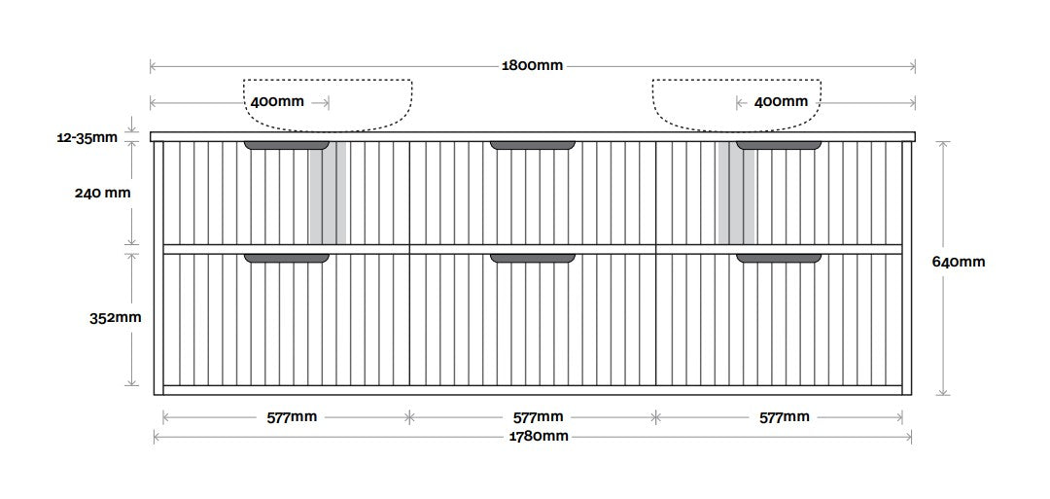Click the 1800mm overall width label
[533, 65]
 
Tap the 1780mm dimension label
[538, 437]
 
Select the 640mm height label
[959, 262]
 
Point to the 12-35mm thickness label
[87, 138]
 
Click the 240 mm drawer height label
[102, 193]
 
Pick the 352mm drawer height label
[116, 317]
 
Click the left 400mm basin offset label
[277, 102]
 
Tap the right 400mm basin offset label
[781, 102]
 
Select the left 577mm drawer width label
[292, 417]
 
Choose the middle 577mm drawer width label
[538, 417]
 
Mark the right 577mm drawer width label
[785, 417]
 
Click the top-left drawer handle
[287, 145]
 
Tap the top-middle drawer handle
[533, 145]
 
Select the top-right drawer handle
[779, 145]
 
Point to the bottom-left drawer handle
[287, 258]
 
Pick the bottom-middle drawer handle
[533, 258]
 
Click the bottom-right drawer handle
[779, 258]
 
